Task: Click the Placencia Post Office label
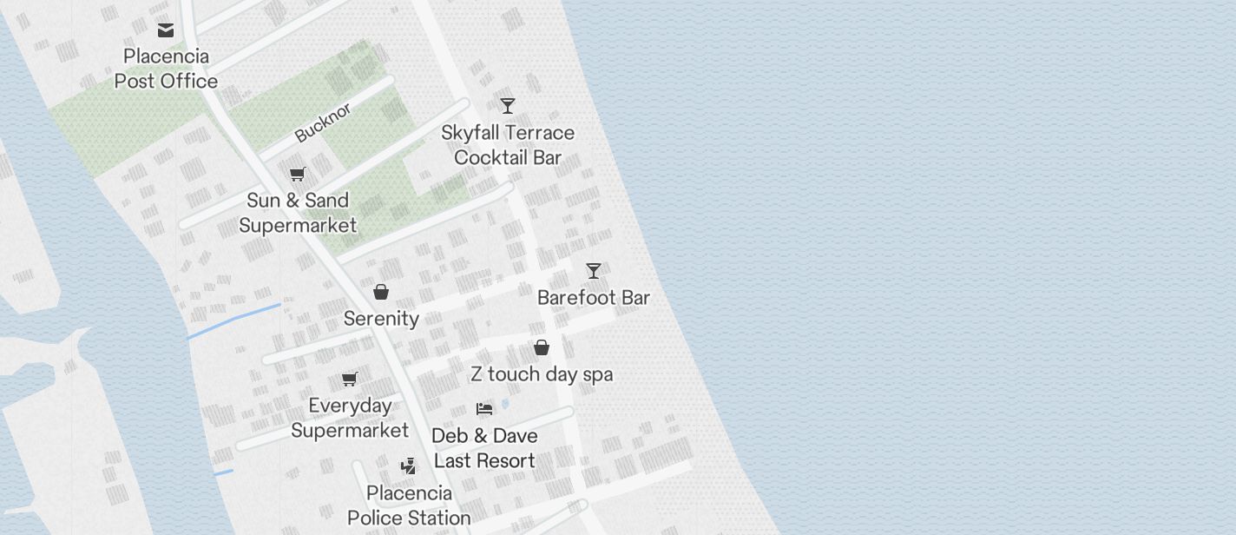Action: click(x=166, y=69)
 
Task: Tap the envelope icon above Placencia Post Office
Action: click(x=166, y=31)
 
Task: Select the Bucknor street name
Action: click(x=323, y=122)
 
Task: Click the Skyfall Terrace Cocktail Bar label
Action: click(x=508, y=145)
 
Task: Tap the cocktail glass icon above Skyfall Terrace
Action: click(x=508, y=106)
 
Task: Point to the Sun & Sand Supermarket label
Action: click(x=298, y=213)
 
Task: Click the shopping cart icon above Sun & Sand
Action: click(x=298, y=174)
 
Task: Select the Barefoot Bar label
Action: click(x=594, y=298)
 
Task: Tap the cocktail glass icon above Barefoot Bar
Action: click(x=594, y=271)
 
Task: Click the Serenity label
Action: click(x=381, y=319)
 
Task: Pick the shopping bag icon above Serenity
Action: click(x=381, y=292)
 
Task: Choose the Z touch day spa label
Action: click(x=542, y=374)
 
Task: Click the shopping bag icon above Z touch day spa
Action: click(x=542, y=347)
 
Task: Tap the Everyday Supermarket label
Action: click(x=350, y=418)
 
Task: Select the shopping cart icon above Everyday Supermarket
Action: click(x=350, y=379)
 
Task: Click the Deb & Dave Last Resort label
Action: click(x=485, y=448)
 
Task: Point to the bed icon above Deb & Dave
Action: click(x=484, y=408)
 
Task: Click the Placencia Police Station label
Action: click(x=409, y=505)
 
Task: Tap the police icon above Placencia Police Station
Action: click(x=409, y=466)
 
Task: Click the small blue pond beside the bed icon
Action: click(x=505, y=404)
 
